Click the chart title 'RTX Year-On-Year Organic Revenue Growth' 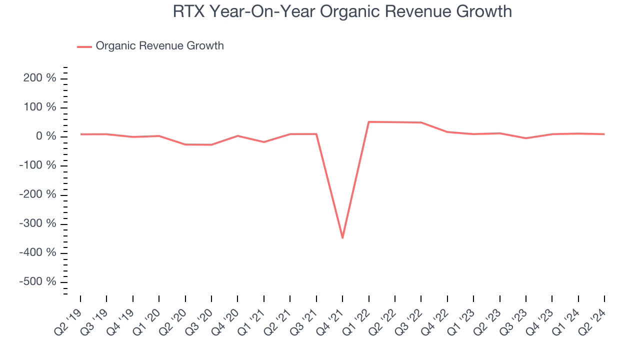(342, 11)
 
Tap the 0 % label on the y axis (48, 136)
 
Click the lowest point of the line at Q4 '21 (342, 237)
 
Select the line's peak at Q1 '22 (368, 121)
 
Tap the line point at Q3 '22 (421, 122)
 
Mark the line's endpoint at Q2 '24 (604, 134)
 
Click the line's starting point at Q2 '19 (80, 134)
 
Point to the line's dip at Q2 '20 (185, 144)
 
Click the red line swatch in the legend (84, 46)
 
